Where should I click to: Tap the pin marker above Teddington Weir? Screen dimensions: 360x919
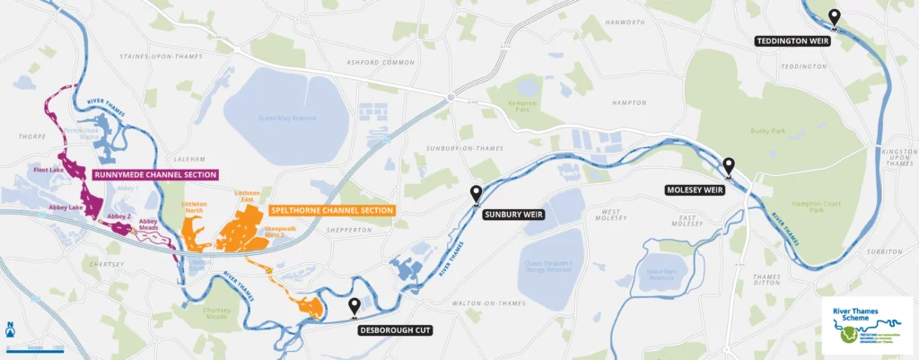(x=834, y=17)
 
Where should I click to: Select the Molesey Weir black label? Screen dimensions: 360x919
(x=696, y=190)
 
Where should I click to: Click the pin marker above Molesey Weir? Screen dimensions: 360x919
(x=729, y=166)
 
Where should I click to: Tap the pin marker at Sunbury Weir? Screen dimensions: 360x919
(x=476, y=192)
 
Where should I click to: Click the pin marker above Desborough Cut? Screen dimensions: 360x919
(x=355, y=307)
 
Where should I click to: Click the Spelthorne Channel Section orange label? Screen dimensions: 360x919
(x=331, y=210)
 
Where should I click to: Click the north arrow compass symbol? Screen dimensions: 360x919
(x=9, y=329)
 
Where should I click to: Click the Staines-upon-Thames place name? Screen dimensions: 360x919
(x=157, y=57)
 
